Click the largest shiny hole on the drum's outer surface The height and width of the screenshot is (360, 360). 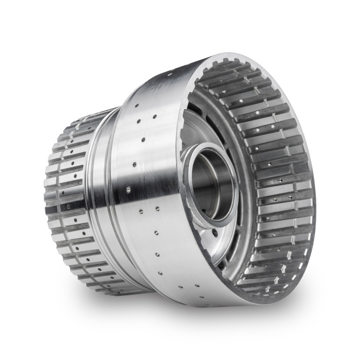click(x=128, y=189)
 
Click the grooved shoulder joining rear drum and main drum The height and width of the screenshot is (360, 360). click(x=98, y=195)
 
